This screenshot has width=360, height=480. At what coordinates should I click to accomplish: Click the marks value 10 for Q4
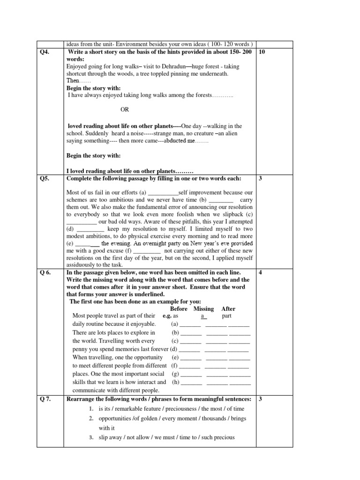[x=262, y=52]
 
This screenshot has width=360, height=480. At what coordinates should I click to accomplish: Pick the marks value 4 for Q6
[x=260, y=273]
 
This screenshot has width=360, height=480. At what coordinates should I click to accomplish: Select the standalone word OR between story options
[x=125, y=110]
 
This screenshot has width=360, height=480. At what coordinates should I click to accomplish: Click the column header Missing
[x=203, y=309]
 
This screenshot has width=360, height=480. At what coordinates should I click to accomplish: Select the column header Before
[x=179, y=309]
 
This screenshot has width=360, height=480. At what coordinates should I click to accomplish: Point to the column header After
[x=228, y=309]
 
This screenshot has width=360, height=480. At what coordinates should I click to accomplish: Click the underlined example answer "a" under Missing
[x=203, y=316]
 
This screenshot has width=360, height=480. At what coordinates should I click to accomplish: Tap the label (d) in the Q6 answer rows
[x=173, y=349]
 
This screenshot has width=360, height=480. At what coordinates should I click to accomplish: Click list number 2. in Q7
[x=92, y=418]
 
